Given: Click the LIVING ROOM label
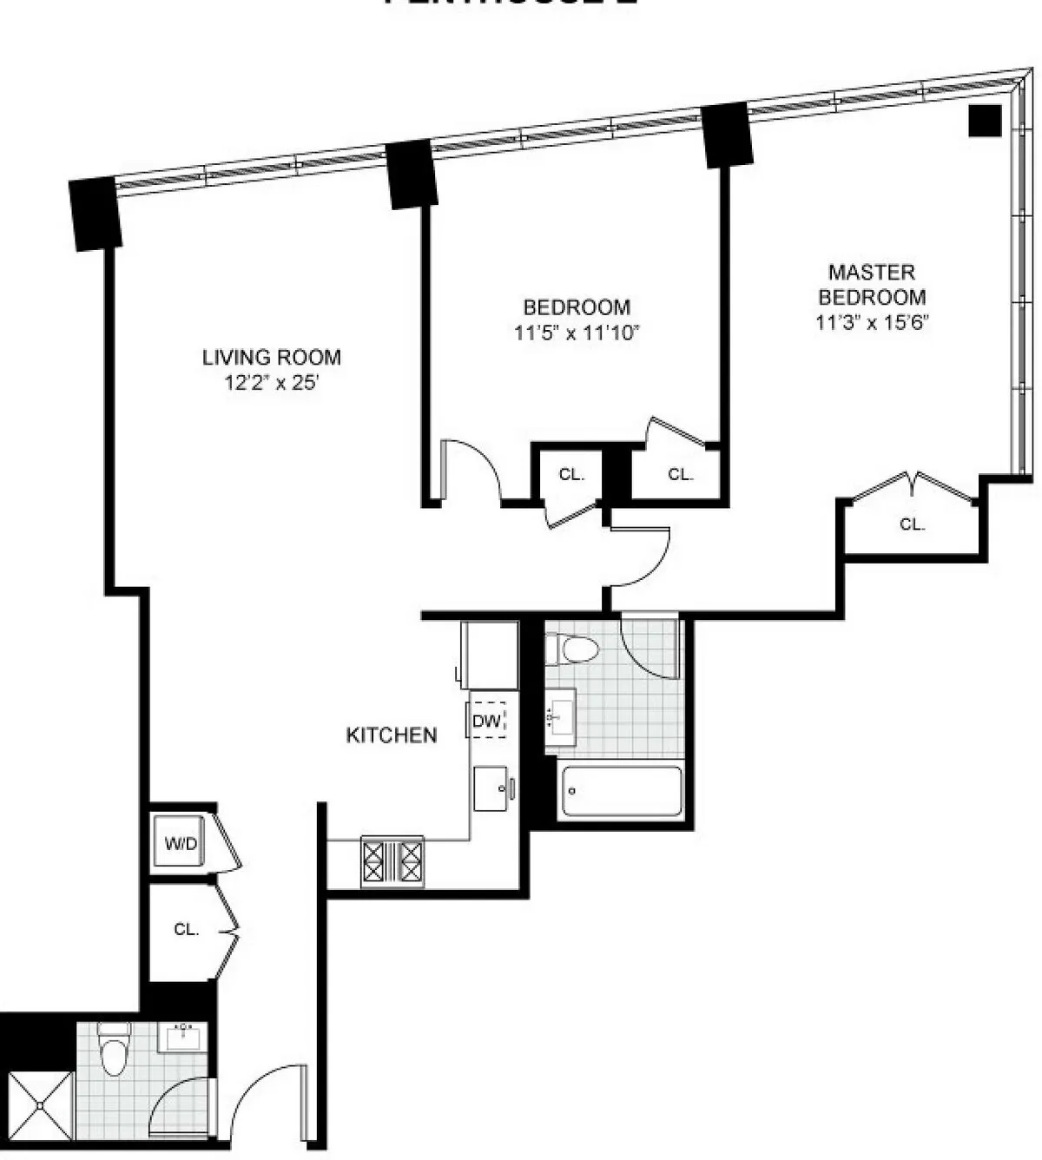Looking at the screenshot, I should coord(271,357).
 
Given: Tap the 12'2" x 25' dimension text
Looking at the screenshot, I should coord(271,382).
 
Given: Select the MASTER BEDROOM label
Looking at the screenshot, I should coord(871,284).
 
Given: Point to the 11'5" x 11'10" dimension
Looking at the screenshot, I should coord(577,333).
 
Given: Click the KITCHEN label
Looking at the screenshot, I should coord(392,735).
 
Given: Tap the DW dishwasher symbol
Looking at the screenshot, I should coord(488,720).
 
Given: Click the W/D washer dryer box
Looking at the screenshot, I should coord(181,843).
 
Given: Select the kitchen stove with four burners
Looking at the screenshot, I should coord(392,861).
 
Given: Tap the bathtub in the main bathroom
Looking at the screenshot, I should coord(621,791).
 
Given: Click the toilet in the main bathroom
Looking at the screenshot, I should coord(574,649).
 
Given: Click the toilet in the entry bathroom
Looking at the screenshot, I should coord(114,1050).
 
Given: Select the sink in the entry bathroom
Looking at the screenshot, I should coord(183,1036).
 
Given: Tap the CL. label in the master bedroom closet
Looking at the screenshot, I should coord(912,524).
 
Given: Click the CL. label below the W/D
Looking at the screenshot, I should coord(186,929).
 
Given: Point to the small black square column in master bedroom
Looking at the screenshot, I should coord(985,121).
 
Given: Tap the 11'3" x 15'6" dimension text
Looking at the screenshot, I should coord(871,322).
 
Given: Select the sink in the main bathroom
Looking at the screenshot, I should coord(560,717).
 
